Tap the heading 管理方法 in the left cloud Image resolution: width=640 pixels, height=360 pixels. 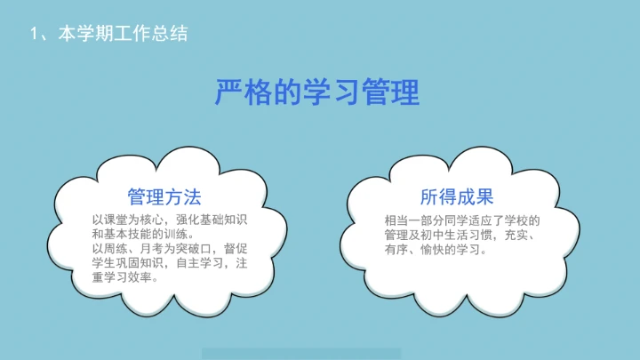(164, 196)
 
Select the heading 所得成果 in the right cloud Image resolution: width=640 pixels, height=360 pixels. (457, 196)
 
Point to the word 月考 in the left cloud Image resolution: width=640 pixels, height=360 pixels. (154, 248)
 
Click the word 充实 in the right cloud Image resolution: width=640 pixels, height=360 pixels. (516, 235)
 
